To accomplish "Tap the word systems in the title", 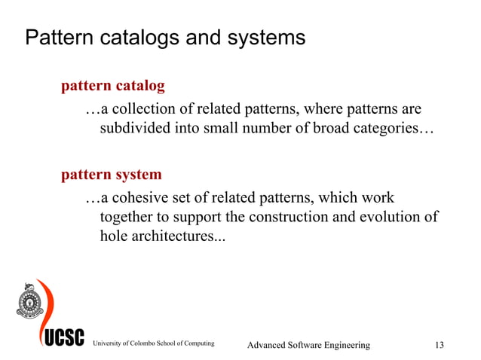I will [267, 38].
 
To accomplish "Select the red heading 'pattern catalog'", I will [112, 86].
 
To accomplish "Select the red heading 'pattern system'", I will [111, 175].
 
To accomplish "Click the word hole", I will [114, 236].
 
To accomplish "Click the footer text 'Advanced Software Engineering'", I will [309, 345].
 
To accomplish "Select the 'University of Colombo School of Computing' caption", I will [153, 344].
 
